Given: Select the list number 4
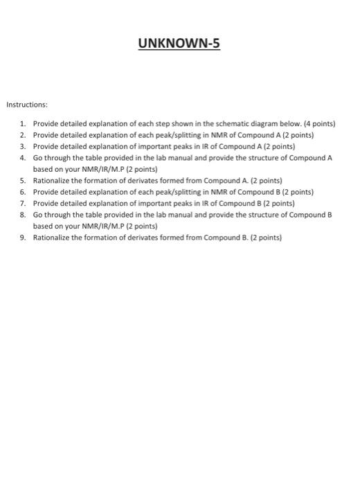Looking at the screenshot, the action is [x=23, y=157].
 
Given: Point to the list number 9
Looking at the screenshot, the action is [x=23, y=237].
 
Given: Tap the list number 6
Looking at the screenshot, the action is [x=23, y=191].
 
